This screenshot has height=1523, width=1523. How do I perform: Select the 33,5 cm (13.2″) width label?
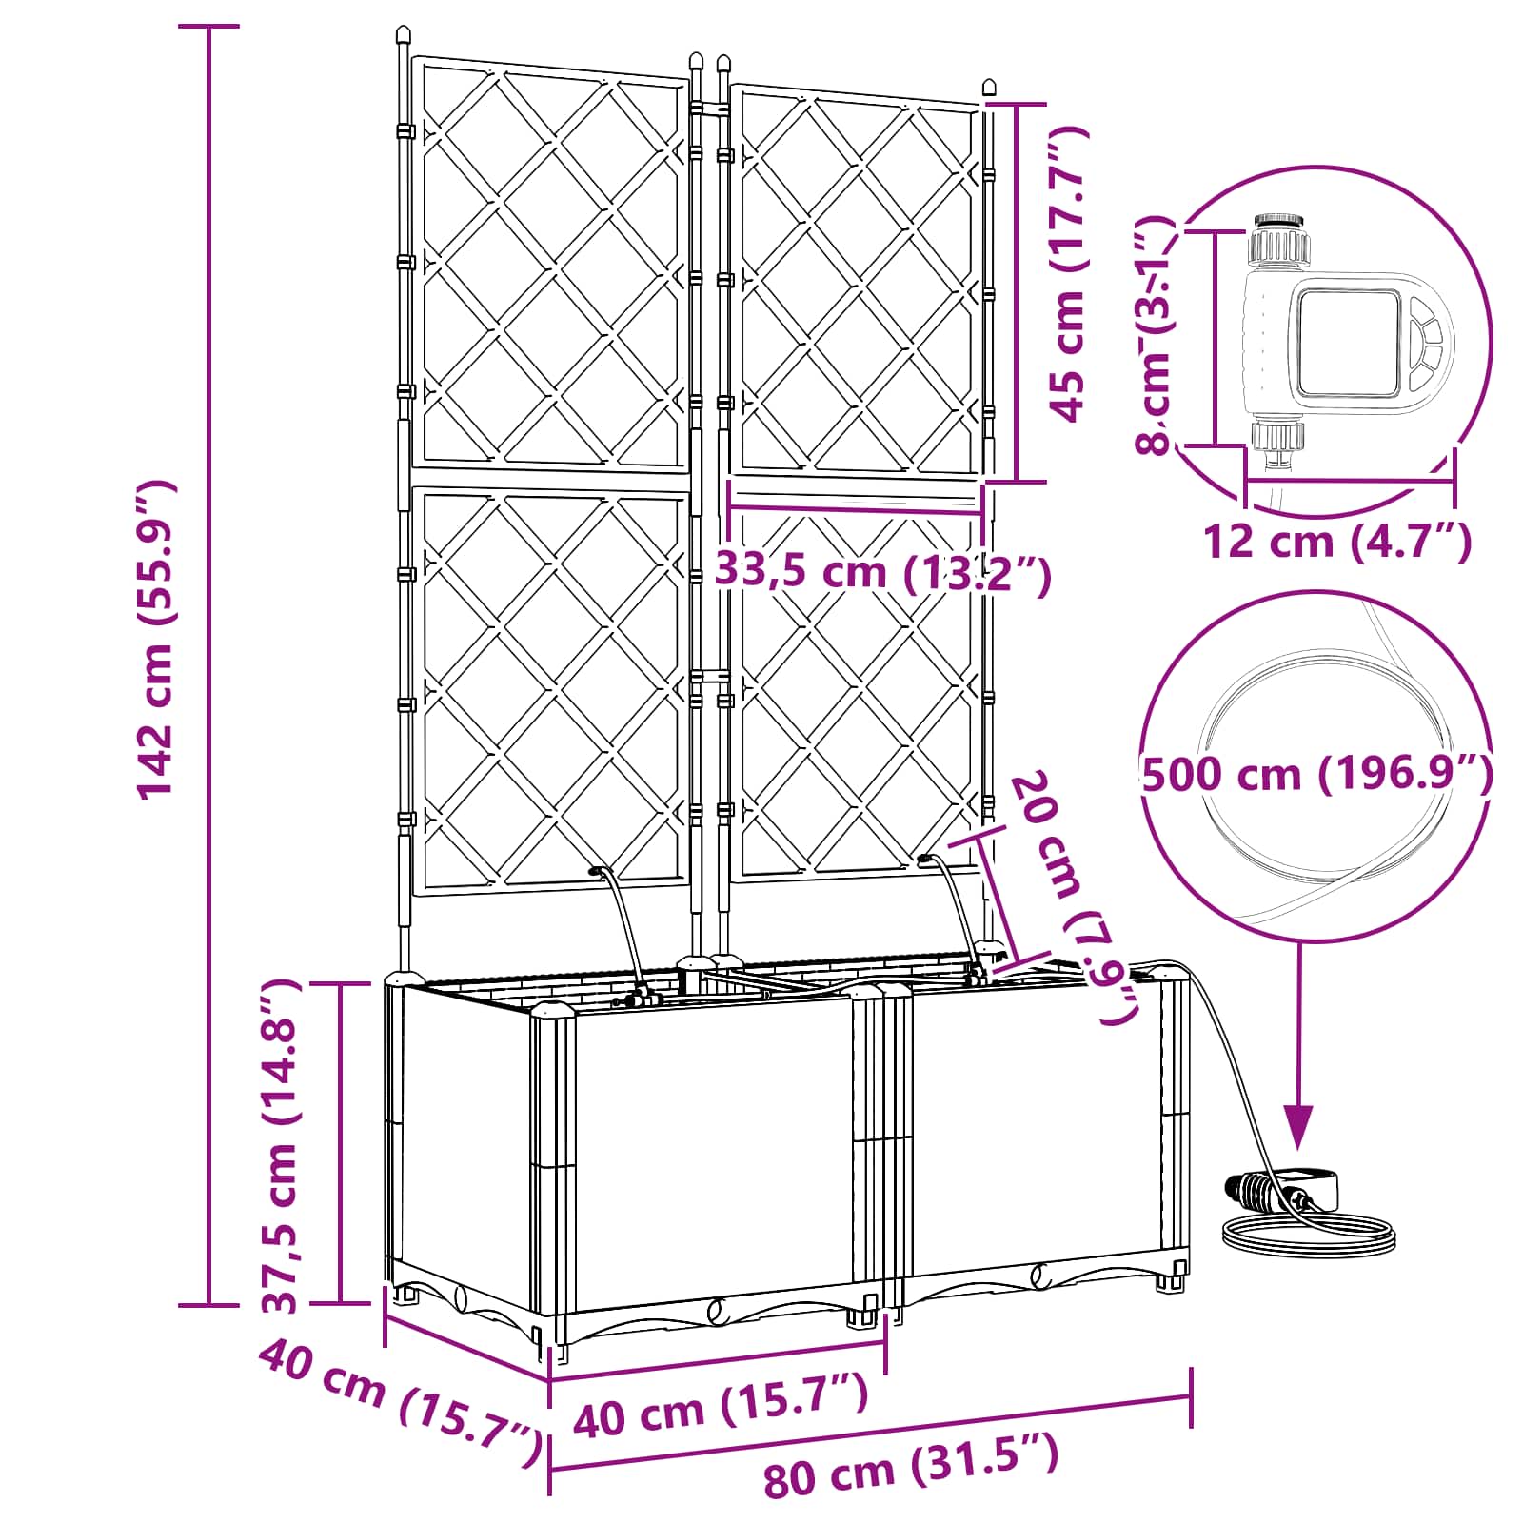(883, 572)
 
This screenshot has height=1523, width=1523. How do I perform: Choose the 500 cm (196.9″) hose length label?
(1317, 773)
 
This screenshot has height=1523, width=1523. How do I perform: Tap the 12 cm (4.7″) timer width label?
(1337, 543)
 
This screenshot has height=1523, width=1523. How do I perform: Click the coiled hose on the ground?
(1310, 1234)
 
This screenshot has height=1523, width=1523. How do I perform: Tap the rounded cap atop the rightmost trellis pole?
(989, 89)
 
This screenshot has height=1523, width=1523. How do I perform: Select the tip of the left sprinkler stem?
(597, 870)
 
